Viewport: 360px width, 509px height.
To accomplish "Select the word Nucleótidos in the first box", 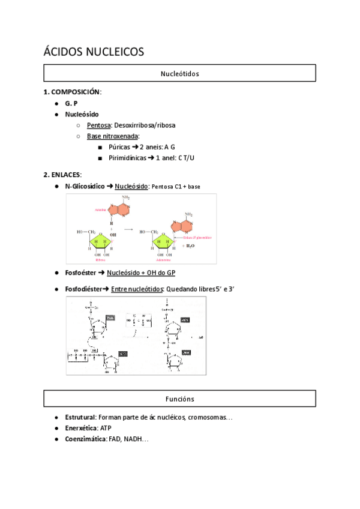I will coord(179,74).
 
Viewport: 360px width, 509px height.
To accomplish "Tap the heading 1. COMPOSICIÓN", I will coord(72,92).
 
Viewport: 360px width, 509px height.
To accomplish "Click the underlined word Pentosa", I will coord(98,125).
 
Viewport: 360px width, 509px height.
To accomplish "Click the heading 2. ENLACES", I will coord(62,175).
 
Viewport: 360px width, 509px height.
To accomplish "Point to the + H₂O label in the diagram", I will coord(187,245).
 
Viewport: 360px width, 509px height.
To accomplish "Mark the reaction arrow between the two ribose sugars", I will coord(128,229).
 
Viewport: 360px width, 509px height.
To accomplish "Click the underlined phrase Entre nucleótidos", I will coord(137,289).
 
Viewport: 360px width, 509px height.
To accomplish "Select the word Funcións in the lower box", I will coord(179,399).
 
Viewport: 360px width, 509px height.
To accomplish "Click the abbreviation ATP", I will coord(106,428).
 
